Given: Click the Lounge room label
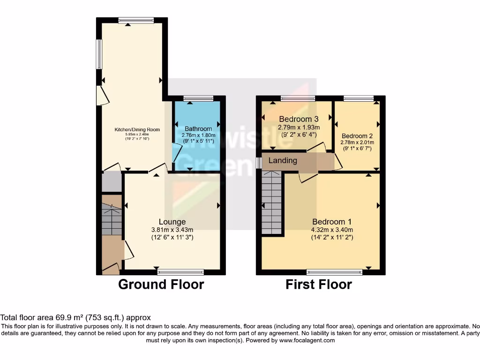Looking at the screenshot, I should [x=172, y=222].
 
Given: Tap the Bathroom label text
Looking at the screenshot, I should [x=198, y=128].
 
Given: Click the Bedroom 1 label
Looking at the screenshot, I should [x=332, y=222].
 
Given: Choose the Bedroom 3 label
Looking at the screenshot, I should [x=299, y=119].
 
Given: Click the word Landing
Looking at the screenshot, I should [x=283, y=161].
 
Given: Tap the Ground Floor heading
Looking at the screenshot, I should [x=161, y=285].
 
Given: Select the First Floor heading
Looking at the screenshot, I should [x=319, y=285].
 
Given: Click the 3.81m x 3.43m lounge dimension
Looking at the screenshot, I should [x=172, y=230].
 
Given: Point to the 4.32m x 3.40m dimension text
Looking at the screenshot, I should [x=332, y=230].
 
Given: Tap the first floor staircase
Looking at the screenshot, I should [x=272, y=202].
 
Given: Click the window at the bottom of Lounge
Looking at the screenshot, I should [x=181, y=271].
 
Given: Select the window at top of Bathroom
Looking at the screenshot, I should [x=198, y=98].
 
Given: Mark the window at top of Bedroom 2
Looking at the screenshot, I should [x=359, y=98].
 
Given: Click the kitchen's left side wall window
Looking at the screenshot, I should [x=99, y=54].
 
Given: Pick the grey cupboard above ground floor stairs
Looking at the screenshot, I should [x=112, y=182].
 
